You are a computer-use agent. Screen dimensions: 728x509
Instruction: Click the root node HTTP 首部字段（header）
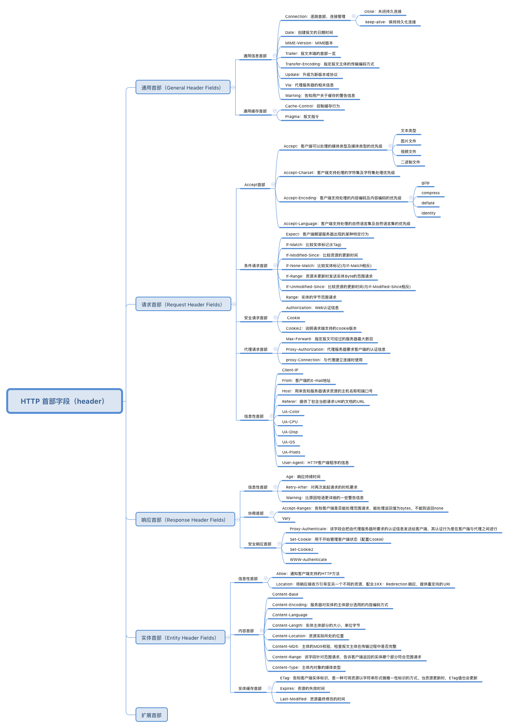click(x=65, y=401)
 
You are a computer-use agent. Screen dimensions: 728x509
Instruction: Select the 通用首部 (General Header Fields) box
click(x=183, y=88)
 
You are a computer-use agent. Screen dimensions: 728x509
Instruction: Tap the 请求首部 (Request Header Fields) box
click(x=183, y=304)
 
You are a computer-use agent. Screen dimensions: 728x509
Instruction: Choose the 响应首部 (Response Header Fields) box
click(x=185, y=520)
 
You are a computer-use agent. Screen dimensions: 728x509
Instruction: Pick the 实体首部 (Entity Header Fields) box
click(x=180, y=638)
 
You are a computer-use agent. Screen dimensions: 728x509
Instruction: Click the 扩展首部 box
click(x=151, y=715)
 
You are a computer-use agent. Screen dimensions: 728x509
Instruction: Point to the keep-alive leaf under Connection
click(x=390, y=22)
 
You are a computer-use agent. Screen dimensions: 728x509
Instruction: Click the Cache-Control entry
click(x=312, y=106)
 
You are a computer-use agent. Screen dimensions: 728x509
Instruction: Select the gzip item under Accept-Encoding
click(x=425, y=183)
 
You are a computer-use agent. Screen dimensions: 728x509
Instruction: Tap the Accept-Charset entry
click(x=339, y=173)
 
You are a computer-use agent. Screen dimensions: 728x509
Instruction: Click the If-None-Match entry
click(x=328, y=266)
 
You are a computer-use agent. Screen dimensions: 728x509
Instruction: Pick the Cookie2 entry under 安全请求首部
click(x=321, y=329)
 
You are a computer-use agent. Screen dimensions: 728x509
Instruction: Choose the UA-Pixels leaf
click(x=291, y=452)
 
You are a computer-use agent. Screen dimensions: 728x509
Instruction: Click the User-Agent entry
click(x=315, y=463)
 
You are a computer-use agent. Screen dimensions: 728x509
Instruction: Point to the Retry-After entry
click(x=321, y=487)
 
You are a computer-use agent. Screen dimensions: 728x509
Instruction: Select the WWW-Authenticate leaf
click(x=308, y=560)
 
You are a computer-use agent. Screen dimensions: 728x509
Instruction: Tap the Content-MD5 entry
click(x=334, y=647)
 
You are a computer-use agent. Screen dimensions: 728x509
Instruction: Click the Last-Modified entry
click(x=312, y=699)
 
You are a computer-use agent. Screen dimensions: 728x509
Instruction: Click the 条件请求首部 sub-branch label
click(x=255, y=266)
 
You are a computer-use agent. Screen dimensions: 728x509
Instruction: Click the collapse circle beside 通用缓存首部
click(x=275, y=111)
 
